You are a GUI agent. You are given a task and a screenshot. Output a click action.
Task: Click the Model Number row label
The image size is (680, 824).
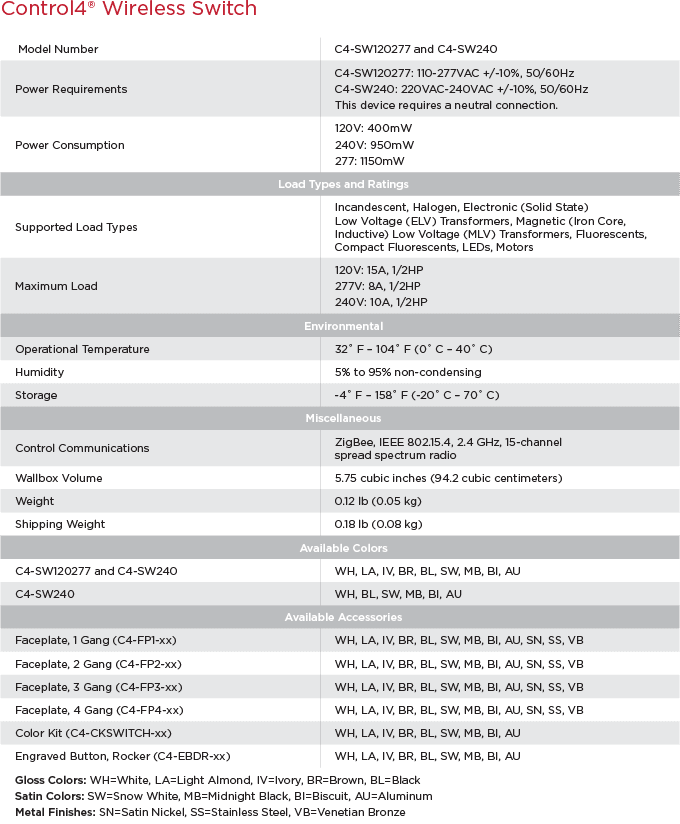[57, 49]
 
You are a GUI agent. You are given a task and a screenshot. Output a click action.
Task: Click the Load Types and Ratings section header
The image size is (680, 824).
[343, 184]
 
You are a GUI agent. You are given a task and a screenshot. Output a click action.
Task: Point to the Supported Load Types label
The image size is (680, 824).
[76, 227]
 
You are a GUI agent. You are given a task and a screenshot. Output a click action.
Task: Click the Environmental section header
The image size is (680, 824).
[343, 326]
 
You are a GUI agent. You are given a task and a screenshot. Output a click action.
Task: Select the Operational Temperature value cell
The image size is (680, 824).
[413, 349]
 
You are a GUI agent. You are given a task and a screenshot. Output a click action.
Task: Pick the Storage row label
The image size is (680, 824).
[36, 395]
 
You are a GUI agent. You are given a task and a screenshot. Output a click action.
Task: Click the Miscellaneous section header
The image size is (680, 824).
[343, 418]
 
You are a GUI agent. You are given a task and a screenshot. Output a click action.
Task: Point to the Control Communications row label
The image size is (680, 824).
[82, 448]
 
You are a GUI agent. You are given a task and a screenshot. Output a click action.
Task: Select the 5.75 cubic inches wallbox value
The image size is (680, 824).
[448, 478]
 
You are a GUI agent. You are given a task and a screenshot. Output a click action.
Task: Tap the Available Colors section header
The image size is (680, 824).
[343, 548]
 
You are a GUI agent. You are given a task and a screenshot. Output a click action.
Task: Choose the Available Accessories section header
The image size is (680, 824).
[343, 617]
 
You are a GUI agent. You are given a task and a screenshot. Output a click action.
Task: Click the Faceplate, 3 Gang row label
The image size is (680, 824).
[98, 687]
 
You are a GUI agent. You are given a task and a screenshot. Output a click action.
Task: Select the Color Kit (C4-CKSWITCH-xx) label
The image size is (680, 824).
[93, 733]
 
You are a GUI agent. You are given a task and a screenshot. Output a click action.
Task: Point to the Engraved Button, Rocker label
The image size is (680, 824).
[122, 756]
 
